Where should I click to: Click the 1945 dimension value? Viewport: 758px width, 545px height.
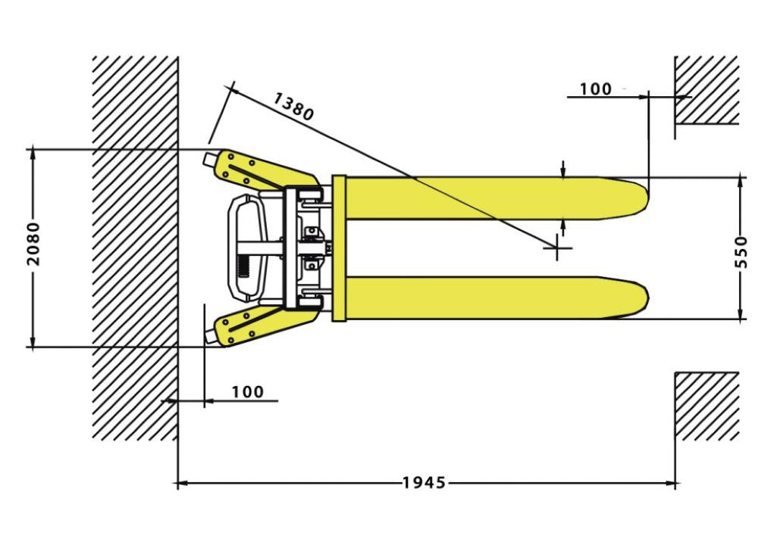click(424, 482)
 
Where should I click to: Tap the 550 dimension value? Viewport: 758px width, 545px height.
click(741, 251)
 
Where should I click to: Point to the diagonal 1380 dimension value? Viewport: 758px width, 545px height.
click(293, 106)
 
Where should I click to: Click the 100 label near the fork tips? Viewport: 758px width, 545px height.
click(596, 89)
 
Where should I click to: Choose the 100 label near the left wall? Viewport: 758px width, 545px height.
click(248, 391)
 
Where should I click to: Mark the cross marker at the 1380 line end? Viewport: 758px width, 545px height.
click(557, 248)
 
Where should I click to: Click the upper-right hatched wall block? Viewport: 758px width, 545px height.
click(706, 90)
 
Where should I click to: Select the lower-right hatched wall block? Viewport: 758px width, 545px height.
click(706, 406)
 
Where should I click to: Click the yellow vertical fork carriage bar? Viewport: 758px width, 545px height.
click(339, 248)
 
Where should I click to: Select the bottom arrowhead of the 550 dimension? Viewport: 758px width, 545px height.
click(741, 313)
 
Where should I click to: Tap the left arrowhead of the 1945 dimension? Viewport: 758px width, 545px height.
click(183, 483)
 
